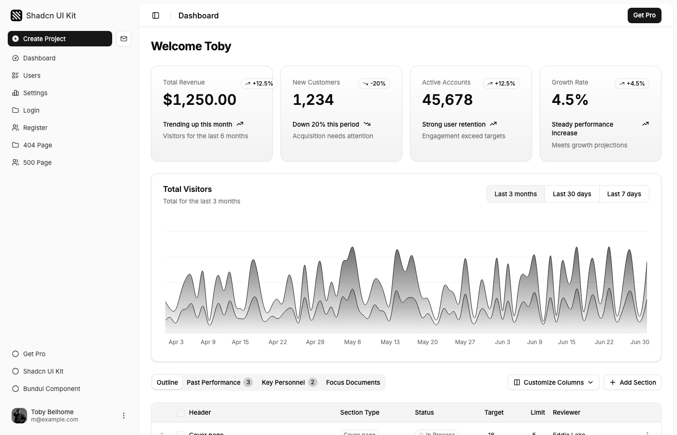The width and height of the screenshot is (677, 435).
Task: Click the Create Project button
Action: click(59, 39)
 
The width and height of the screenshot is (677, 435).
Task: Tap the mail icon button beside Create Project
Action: click(124, 39)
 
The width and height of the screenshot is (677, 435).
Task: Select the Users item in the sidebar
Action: click(32, 75)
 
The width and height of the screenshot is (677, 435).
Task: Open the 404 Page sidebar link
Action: click(37, 145)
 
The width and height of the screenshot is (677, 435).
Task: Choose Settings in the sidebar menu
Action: click(35, 93)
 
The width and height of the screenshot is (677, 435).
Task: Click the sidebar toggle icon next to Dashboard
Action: click(156, 15)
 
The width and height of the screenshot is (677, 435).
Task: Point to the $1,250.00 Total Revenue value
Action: click(200, 100)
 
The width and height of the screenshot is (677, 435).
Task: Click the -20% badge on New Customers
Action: click(374, 84)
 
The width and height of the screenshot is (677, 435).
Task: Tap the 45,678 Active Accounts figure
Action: click(447, 100)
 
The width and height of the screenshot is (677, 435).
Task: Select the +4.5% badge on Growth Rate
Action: click(632, 84)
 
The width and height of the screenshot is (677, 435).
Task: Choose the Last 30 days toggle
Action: click(572, 194)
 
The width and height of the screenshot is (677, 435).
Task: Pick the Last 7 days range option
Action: click(624, 194)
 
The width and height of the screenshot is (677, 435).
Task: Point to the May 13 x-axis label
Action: click(390, 342)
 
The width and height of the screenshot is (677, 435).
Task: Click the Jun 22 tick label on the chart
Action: click(604, 342)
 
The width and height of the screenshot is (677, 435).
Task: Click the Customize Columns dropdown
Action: click(553, 382)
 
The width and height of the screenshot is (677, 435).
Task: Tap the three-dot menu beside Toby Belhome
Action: click(124, 416)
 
